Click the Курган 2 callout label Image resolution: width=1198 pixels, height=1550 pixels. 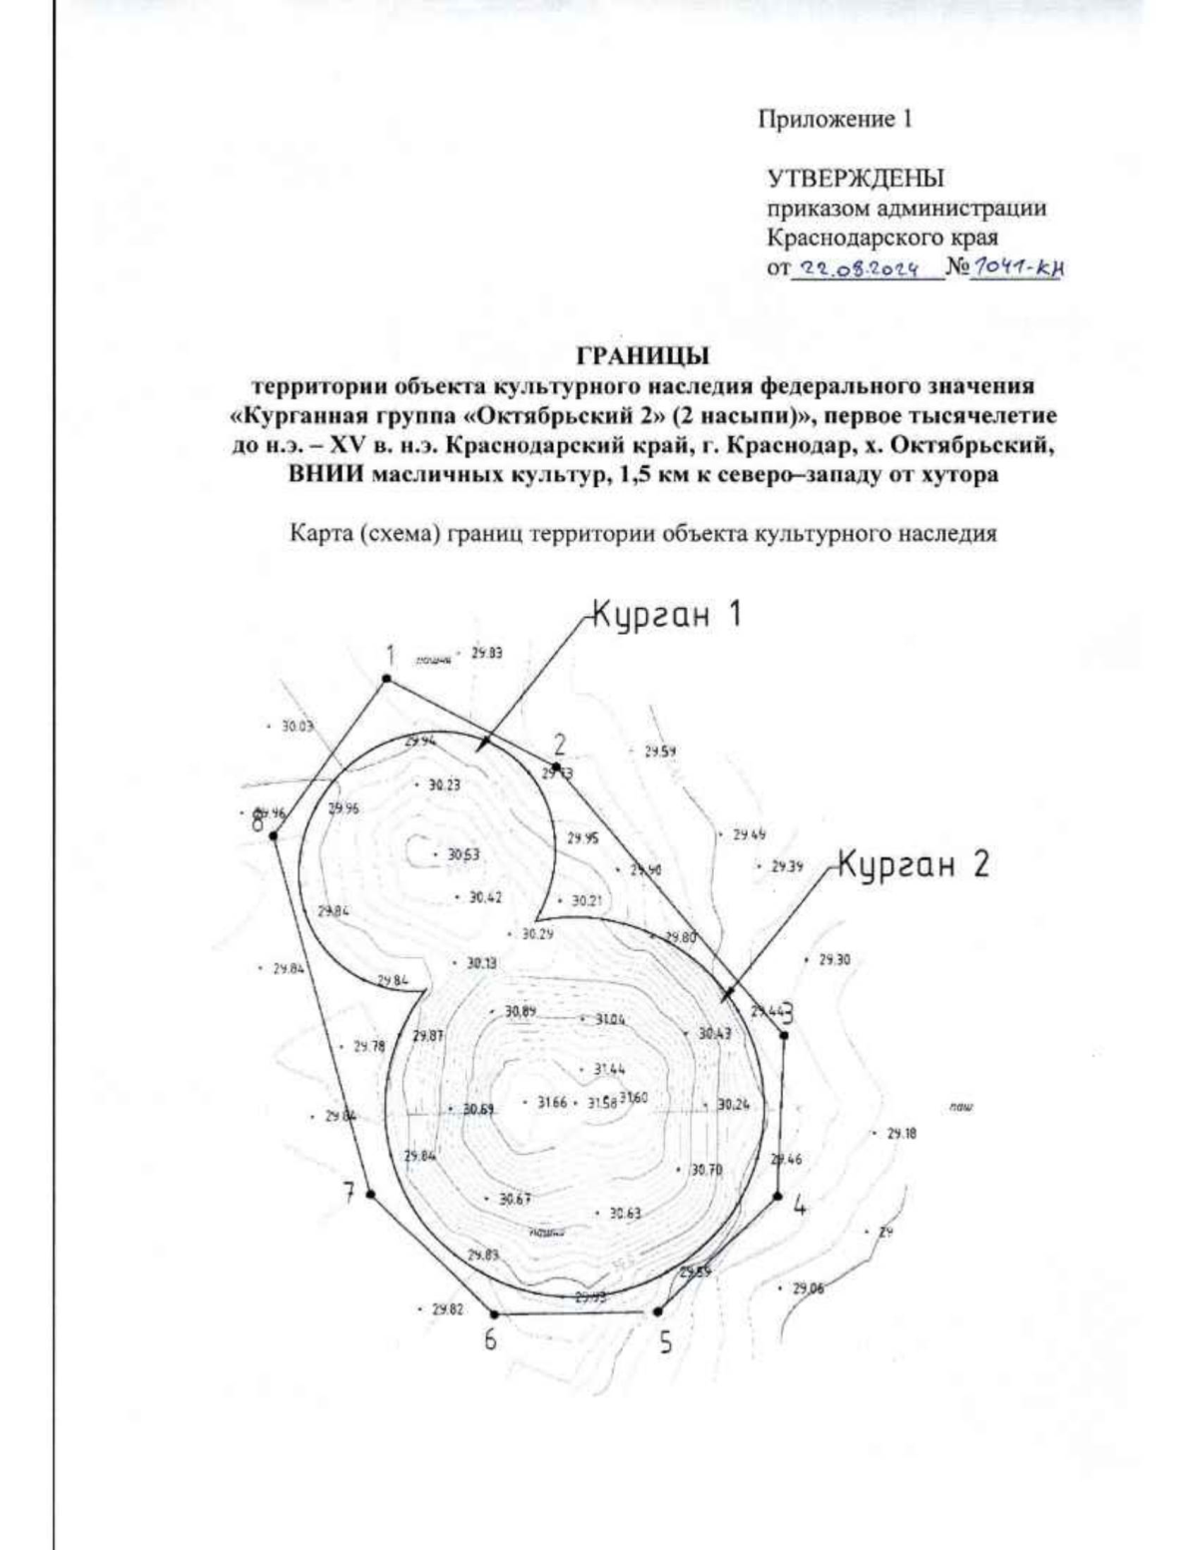coord(912,864)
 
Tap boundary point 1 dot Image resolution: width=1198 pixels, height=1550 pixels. coord(386,680)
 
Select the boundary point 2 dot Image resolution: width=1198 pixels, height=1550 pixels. coord(556,767)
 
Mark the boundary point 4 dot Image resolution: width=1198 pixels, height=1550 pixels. coord(778,1195)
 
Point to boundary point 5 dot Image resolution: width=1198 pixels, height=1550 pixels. coord(656,1311)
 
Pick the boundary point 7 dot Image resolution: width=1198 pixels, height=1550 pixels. coord(370,1194)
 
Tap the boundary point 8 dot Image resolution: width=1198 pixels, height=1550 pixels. coord(274,835)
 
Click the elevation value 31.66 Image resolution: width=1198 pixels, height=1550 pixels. coord(550,1103)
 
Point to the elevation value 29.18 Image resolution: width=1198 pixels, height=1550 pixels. coord(901,1134)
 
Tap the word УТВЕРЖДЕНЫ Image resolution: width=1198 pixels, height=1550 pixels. coord(855,180)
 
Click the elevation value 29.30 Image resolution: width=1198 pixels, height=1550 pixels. coord(834,960)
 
